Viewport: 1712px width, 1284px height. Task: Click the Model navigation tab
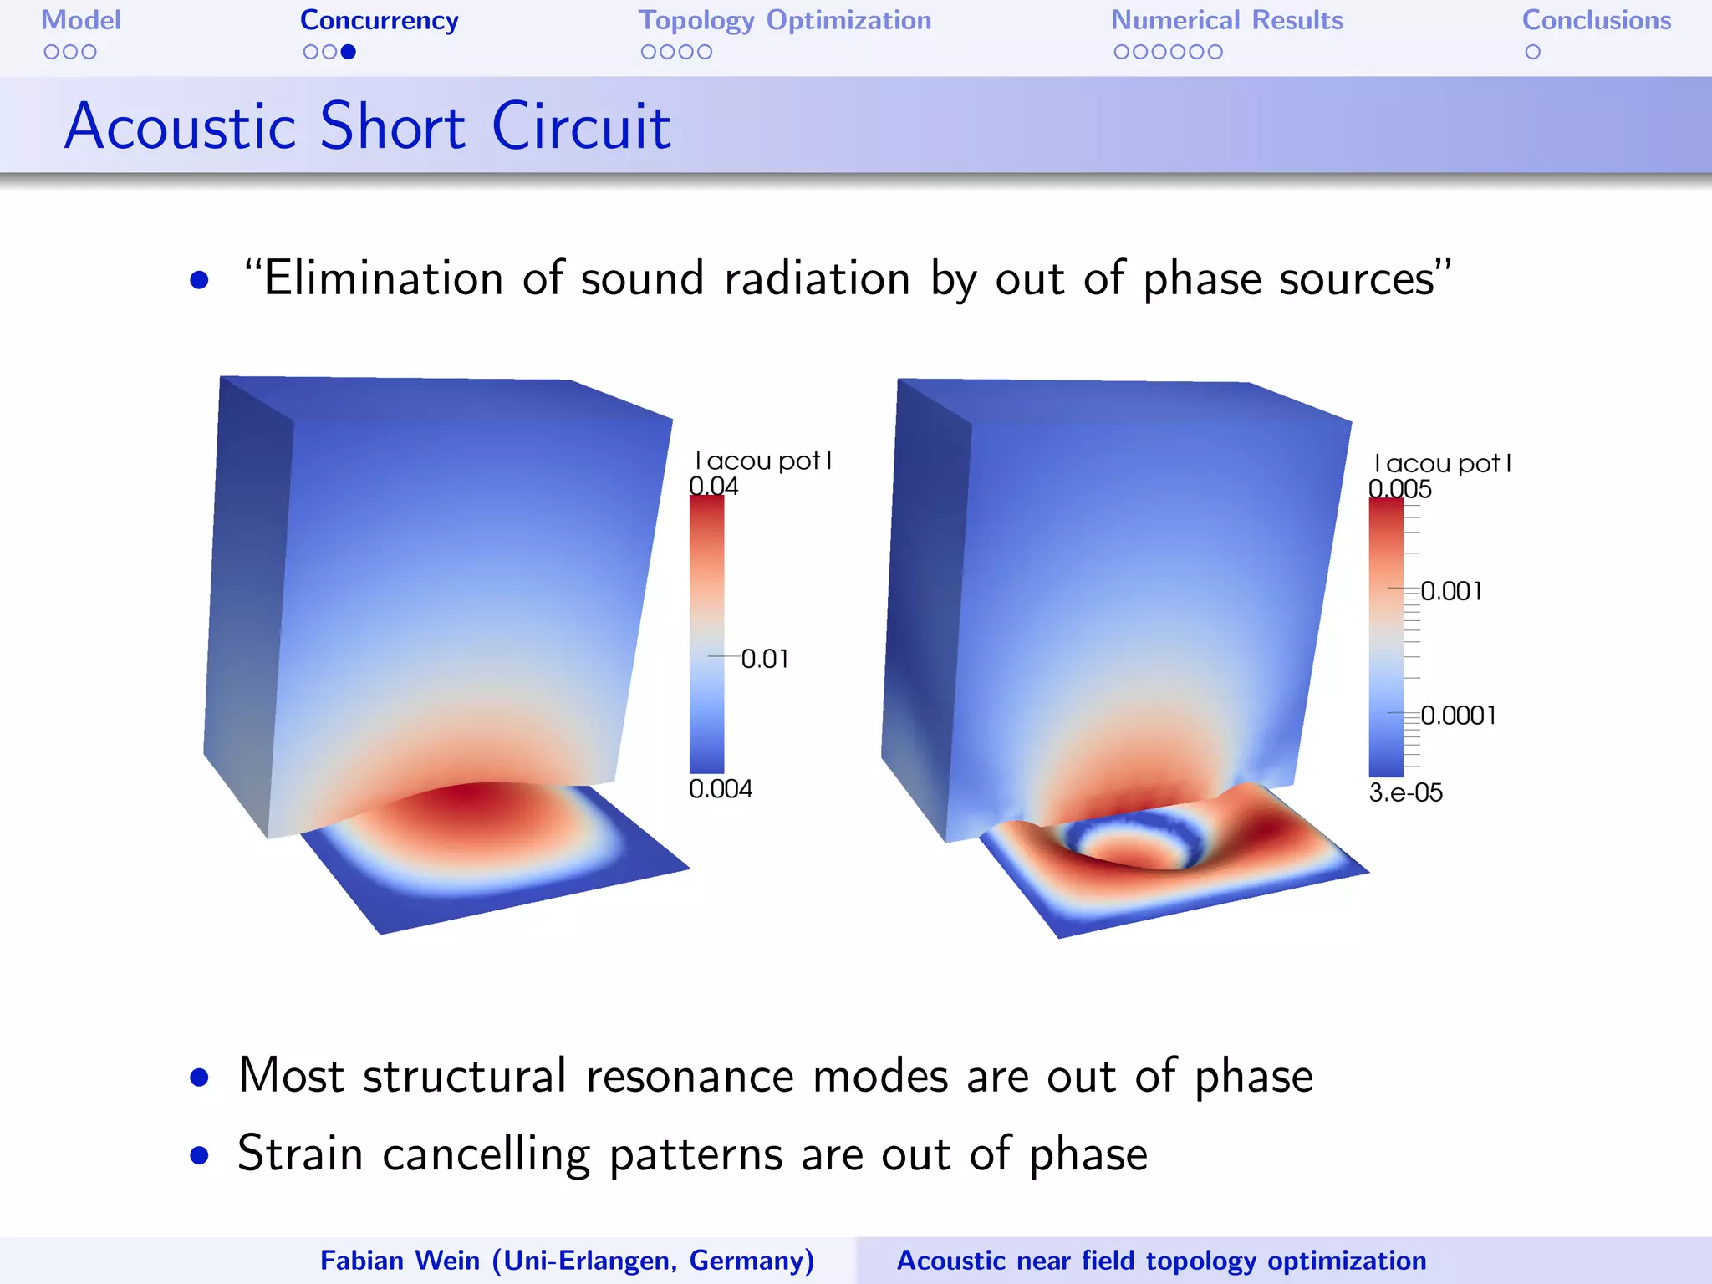coord(81,20)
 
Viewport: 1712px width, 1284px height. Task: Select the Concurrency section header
coord(379,20)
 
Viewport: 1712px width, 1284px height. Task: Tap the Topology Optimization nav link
coord(784,20)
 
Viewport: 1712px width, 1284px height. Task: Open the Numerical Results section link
coord(1226,20)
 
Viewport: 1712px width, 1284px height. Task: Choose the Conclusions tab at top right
coord(1596,20)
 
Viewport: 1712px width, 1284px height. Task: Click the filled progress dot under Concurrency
coord(349,52)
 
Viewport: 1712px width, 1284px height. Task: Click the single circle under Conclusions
coord(1532,52)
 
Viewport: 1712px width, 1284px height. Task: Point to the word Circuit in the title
coord(581,127)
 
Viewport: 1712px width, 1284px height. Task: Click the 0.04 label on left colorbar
coord(713,486)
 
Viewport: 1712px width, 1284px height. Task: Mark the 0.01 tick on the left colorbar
coord(765,659)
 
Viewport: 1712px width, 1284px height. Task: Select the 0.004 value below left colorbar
coord(720,788)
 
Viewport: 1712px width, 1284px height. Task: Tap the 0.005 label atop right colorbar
coord(1399,488)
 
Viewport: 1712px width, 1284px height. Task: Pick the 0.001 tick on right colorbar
coord(1451,591)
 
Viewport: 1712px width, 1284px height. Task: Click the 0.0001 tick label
coord(1458,716)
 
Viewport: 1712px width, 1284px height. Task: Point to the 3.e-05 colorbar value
coord(1405,792)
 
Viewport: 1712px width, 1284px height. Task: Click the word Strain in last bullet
coord(300,1154)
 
